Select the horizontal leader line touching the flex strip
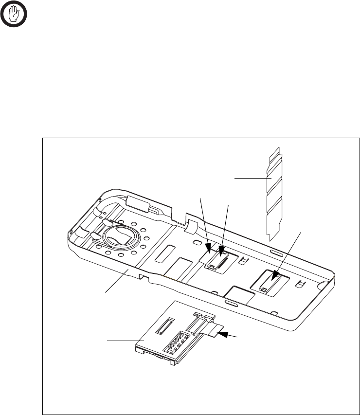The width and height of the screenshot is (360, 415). (x=252, y=179)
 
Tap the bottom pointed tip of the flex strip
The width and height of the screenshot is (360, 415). (x=270, y=239)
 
